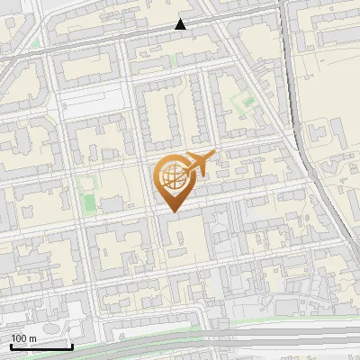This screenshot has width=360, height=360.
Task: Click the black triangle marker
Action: [181, 25]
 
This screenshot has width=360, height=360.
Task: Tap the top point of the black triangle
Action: [181, 19]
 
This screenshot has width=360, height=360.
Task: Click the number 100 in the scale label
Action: [19, 338]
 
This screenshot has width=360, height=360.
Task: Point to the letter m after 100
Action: [32, 338]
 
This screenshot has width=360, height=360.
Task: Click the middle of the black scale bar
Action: [41, 346]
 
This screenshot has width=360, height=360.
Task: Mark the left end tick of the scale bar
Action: [11, 346]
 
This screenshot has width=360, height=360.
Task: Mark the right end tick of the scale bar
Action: [72, 346]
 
